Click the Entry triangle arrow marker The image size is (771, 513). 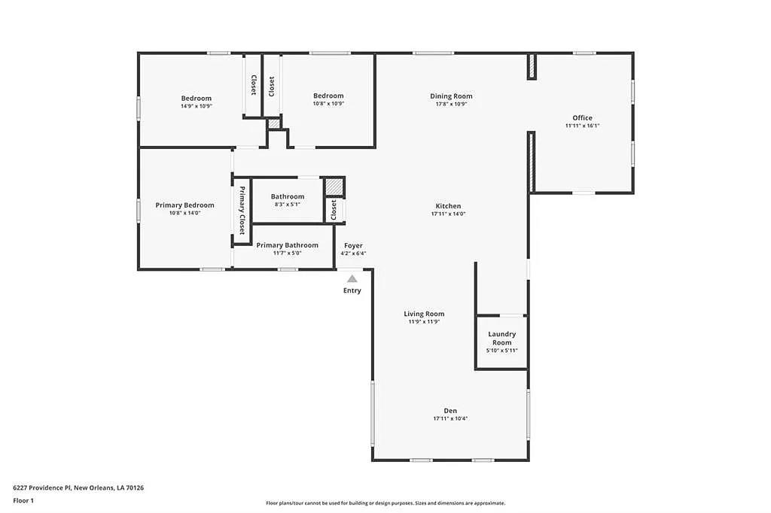coord(352,278)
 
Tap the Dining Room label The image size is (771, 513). coord(451,96)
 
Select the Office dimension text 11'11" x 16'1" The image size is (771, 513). coord(582,126)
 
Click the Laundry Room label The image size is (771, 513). coord(502,338)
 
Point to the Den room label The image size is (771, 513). coord(450,411)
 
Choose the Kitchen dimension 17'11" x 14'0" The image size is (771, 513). coord(449,214)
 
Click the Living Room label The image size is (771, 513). coord(424,314)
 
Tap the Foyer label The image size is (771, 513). coord(353,246)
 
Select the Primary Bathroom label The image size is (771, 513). coord(287,245)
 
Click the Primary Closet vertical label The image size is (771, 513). coord(242,211)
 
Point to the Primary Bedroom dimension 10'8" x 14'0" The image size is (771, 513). coord(185,214)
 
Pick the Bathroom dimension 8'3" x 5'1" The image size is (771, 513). coord(287,205)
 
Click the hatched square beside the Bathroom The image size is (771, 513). coord(334,187)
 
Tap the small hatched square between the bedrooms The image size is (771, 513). coord(274,123)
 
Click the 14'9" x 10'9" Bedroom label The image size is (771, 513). coord(197,99)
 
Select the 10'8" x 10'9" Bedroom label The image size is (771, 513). coord(328,96)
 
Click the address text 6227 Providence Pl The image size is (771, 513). coord(42,488)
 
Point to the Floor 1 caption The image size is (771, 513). coord(23,501)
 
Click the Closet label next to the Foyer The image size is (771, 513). coord(334,210)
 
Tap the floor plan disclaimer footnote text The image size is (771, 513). coord(385,503)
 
